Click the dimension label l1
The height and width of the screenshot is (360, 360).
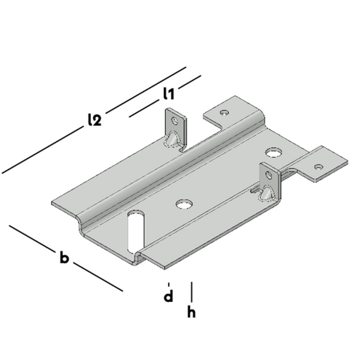pyautogui.click(x=169, y=94)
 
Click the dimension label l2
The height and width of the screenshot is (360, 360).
pyautogui.click(x=94, y=120)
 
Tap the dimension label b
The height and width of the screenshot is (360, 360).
pyautogui.click(x=64, y=257)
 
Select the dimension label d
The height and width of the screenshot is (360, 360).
pyautogui.click(x=168, y=296)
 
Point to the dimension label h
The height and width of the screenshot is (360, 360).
pyautogui.click(x=191, y=312)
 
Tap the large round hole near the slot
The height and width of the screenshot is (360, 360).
pyautogui.click(x=184, y=204)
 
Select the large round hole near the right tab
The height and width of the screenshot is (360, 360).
pyautogui.click(x=273, y=152)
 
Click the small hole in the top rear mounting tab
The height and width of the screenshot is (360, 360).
pyautogui.click(x=224, y=113)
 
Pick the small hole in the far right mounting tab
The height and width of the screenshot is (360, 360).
pyautogui.click(x=318, y=166)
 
